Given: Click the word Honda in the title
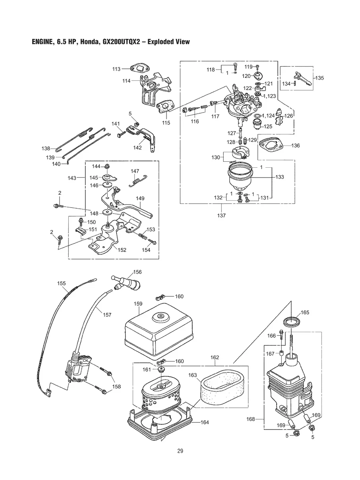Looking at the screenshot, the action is tap(89, 42).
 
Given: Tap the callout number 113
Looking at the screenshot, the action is tap(116, 69).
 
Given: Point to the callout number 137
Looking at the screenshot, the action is tap(221, 216).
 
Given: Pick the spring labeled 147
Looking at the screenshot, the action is tap(138, 181).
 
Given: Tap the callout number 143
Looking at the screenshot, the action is tap(72, 178).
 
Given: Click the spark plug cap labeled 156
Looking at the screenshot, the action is tap(126, 283).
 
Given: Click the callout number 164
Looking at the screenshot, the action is tap(205, 422).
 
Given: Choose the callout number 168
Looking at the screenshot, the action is tap(250, 419).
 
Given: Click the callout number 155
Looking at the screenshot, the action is tap(62, 283).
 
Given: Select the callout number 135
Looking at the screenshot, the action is tap(319, 78).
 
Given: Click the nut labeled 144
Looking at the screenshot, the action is tap(107, 166).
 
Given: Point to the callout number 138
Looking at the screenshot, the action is tap(46, 149).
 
